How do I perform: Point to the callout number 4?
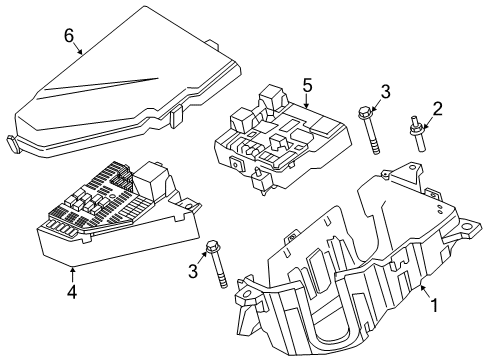coord(71,292)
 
